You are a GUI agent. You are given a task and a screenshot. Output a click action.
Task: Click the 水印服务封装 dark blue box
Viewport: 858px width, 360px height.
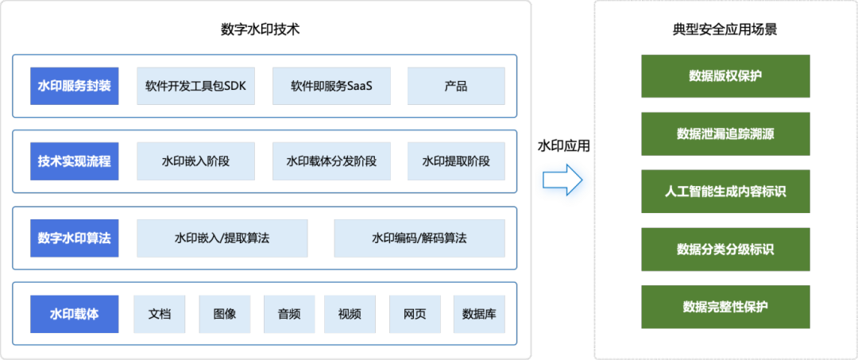coord(75,86)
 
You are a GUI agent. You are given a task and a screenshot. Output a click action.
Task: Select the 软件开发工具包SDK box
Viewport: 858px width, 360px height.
coord(196,86)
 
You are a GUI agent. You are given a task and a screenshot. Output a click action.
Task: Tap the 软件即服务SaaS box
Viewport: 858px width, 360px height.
coord(331,86)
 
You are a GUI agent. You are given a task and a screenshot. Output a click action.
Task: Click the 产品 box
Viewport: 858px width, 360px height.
coord(456,86)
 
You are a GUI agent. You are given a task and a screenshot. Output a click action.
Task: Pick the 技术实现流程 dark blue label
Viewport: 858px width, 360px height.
coord(75,161)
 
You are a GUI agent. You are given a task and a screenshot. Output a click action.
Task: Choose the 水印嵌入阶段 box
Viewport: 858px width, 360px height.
coord(196,161)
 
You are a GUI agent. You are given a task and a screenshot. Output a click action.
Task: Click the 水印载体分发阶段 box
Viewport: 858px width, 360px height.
coord(331,161)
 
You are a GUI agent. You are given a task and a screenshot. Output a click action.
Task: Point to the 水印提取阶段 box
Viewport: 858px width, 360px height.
coord(456,161)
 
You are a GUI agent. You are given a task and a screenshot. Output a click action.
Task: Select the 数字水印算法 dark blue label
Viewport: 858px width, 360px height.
coord(75,238)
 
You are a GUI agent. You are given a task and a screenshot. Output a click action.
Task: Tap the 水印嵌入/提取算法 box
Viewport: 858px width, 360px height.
coord(222,238)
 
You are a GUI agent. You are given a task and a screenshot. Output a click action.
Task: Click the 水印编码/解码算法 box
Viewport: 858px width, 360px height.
coord(419,238)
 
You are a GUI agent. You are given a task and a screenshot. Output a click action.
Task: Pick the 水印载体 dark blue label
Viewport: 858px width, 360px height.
coord(75,314)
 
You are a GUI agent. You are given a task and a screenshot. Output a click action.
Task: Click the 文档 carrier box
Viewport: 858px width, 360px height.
coord(160,314)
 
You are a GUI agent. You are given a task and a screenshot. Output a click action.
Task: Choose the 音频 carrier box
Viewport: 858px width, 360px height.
coord(288,314)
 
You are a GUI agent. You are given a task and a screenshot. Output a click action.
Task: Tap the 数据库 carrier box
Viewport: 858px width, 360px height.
coord(479,314)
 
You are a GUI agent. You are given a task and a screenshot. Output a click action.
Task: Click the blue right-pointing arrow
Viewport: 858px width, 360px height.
coord(562,180)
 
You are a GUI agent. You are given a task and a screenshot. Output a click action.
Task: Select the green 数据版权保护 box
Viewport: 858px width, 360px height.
coord(725,76)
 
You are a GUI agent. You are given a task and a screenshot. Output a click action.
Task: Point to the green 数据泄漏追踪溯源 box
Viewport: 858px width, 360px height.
coord(725,134)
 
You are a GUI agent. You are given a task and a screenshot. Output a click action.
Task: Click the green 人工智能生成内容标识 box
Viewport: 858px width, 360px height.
coord(725,192)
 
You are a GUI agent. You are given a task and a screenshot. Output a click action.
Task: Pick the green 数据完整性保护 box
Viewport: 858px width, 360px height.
coord(725,307)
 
